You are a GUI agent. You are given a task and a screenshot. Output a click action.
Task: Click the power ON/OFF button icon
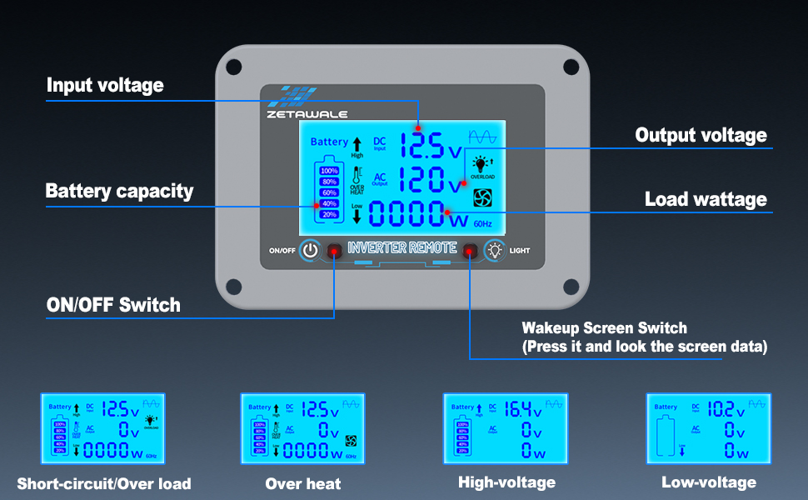pos(310,250)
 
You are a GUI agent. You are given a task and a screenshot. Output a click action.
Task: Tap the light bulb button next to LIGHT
pos(495,250)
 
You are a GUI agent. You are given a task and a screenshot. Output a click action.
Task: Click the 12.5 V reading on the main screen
pos(430,147)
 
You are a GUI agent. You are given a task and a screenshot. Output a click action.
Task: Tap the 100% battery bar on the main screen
pos(329,171)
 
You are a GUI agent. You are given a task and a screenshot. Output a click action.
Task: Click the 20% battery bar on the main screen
pos(329,214)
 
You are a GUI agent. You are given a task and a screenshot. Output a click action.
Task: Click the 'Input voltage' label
pos(105,85)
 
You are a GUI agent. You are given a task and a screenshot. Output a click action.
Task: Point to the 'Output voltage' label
pos(701,135)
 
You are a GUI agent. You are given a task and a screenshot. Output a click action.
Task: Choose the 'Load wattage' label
pos(706,200)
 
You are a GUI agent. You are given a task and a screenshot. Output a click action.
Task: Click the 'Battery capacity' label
pos(119,191)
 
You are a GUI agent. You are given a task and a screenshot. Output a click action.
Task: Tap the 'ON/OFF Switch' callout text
pos(113,305)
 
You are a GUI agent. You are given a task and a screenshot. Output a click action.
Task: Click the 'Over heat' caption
pos(303,483)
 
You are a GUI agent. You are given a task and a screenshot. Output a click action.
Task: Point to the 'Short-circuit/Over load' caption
pos(104,483)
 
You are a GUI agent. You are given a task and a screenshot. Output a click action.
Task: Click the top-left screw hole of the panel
pos(234,66)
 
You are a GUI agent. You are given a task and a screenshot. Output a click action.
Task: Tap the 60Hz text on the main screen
pos(483,223)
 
